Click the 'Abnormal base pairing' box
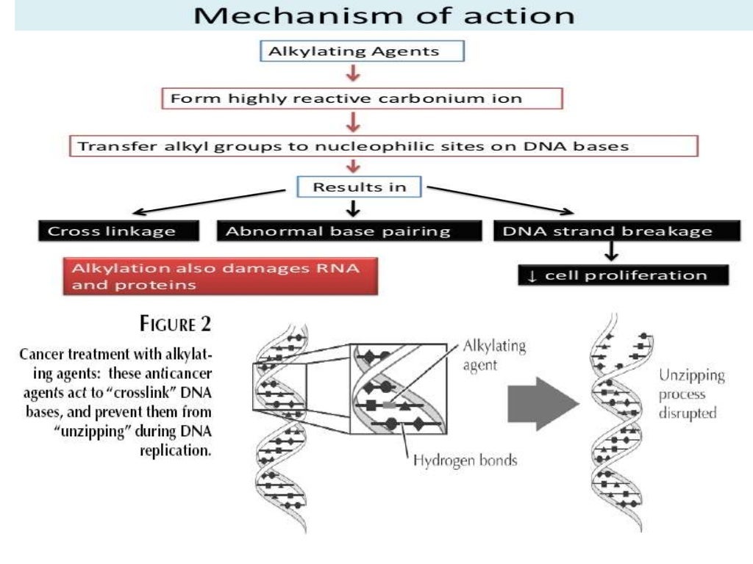[x=338, y=231]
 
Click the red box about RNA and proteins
[x=220, y=275]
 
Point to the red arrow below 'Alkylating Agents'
[x=354, y=74]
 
